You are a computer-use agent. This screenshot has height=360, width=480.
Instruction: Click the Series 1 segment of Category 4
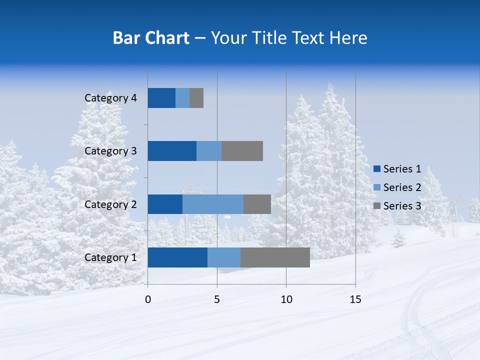161,98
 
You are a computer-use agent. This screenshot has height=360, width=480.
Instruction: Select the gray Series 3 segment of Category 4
196,98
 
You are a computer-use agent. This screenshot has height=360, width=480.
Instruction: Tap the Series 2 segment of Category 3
209,151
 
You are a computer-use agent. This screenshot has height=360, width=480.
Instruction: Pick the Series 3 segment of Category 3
242,151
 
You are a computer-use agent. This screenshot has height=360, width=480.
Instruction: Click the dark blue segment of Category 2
165,204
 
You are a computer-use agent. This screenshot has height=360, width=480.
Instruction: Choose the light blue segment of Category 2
213,204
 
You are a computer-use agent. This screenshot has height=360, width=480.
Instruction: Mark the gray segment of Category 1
275,257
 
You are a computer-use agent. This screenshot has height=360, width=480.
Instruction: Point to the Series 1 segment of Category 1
177,257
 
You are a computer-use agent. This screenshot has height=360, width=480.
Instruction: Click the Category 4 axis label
110,98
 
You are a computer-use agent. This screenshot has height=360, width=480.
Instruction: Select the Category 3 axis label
110,151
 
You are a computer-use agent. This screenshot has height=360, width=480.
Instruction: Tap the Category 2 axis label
110,204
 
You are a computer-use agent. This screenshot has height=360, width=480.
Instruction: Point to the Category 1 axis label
110,257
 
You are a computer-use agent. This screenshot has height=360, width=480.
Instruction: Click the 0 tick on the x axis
148,299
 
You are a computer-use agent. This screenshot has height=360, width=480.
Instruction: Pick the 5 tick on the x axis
217,299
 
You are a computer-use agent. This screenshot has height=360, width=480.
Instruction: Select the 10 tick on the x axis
286,299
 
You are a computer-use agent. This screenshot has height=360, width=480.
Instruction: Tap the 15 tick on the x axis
355,299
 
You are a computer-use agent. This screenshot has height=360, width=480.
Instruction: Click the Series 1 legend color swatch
377,169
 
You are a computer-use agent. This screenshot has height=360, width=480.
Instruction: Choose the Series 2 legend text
402,187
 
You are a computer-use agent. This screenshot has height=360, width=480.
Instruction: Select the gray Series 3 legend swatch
377,205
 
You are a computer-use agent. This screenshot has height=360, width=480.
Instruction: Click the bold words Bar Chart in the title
151,38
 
